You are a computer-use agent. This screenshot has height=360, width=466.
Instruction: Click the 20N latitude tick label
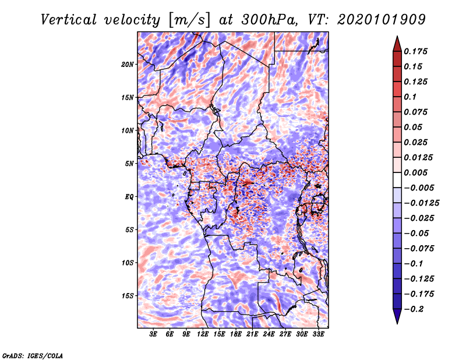(128, 65)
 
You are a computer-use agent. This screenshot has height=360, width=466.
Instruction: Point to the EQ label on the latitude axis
(129, 197)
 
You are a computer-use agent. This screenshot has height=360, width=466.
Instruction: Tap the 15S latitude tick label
(128, 296)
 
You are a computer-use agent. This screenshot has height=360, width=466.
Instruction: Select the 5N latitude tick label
(129, 164)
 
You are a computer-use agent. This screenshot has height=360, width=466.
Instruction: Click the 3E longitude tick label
(153, 334)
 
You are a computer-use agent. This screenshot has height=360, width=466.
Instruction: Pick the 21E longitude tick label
(252, 334)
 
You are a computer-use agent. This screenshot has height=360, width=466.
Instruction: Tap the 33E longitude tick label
(318, 334)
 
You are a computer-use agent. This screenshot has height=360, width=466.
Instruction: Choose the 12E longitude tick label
(202, 334)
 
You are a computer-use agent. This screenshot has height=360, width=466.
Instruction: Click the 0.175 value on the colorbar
(415, 51)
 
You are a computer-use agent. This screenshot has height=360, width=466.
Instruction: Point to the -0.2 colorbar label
(414, 309)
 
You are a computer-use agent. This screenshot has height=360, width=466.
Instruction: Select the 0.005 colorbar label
(415, 172)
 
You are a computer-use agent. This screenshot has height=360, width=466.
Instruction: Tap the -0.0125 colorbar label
(421, 203)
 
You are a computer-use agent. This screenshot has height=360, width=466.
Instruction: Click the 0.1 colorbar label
(410, 97)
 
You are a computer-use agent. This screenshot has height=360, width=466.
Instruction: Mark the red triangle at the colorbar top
(397, 44)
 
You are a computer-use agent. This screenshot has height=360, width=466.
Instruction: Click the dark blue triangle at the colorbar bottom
(397, 316)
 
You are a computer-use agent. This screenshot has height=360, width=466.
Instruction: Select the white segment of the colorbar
(397, 180)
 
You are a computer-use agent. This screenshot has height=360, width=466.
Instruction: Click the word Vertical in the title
(69, 20)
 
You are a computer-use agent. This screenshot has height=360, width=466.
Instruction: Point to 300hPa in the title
(269, 20)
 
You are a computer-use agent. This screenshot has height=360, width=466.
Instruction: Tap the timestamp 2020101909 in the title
(382, 20)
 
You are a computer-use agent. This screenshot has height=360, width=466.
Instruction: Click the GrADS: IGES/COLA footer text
(33, 356)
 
